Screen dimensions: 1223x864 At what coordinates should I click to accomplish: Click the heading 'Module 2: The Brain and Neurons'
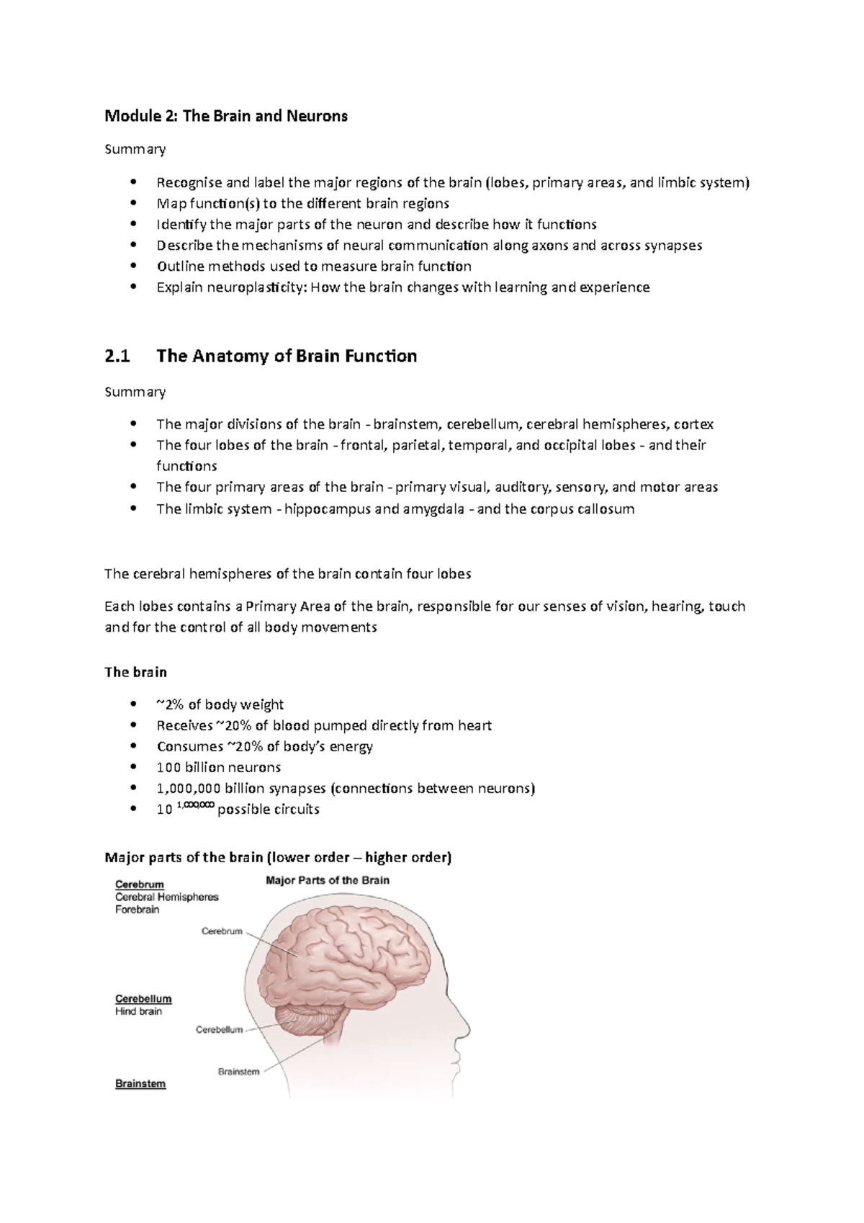pyautogui.click(x=226, y=116)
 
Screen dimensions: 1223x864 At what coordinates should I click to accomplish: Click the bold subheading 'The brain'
pyautogui.click(x=135, y=672)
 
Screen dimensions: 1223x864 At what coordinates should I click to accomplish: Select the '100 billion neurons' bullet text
pyautogui.click(x=219, y=767)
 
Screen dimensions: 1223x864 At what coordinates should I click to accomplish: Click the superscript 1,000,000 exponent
pyautogui.click(x=195, y=806)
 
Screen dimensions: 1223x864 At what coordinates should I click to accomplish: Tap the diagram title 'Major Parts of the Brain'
pyautogui.click(x=328, y=880)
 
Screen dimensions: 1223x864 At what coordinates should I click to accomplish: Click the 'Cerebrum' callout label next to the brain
pyautogui.click(x=222, y=931)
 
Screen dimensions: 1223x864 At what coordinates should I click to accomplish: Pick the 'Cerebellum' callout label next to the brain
pyautogui.click(x=219, y=1030)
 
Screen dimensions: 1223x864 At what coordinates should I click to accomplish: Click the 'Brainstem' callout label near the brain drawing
pyautogui.click(x=238, y=1072)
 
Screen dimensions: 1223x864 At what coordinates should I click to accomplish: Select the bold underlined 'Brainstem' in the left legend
pyautogui.click(x=140, y=1084)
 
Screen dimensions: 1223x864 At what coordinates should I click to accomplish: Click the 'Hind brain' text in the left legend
pyautogui.click(x=138, y=1012)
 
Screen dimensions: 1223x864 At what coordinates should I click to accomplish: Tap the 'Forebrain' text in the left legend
pyautogui.click(x=138, y=910)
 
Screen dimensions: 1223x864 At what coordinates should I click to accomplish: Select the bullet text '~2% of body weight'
pyautogui.click(x=220, y=704)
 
